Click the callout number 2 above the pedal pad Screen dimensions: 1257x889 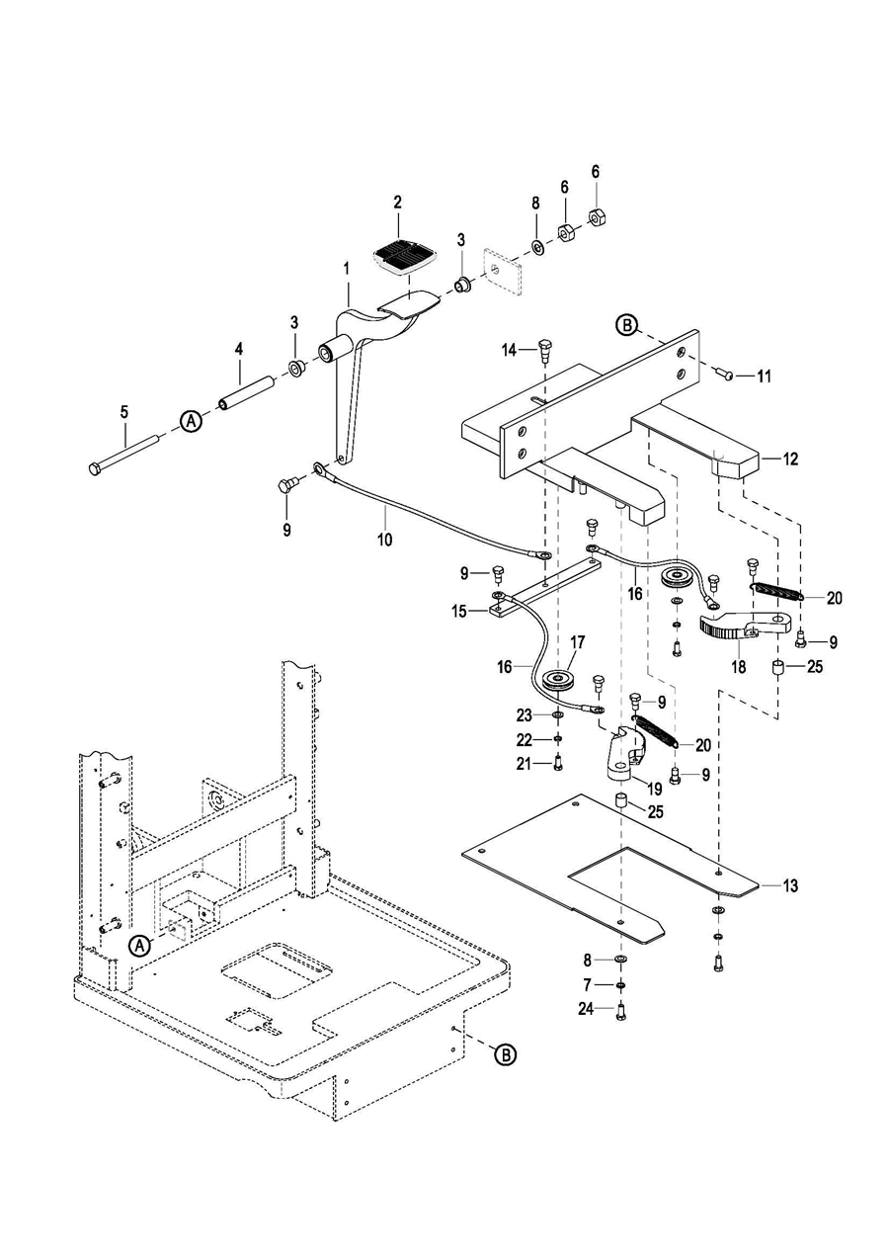(x=397, y=202)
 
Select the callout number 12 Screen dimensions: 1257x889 (x=790, y=459)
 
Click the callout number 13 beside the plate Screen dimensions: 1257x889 (x=791, y=885)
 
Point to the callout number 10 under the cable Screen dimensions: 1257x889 (x=384, y=540)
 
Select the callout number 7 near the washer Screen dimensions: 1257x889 (x=588, y=985)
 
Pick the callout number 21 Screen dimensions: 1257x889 (x=524, y=763)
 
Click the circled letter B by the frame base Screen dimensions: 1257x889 (x=504, y=1055)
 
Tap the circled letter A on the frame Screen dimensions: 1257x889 (x=141, y=945)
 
